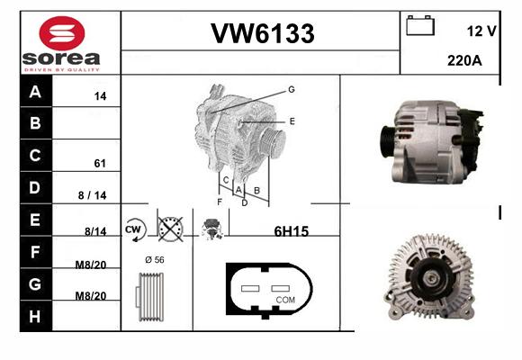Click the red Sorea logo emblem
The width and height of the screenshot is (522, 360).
[62, 33]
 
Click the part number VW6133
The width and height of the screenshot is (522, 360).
[263, 33]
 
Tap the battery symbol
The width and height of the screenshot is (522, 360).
[420, 25]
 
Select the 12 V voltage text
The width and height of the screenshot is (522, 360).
[481, 31]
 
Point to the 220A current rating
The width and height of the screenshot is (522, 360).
[464, 60]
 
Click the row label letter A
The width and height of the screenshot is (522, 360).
[35, 91]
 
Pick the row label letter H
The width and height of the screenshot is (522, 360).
[34, 317]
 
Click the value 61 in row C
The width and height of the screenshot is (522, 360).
[100, 163]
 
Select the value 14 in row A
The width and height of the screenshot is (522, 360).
[100, 96]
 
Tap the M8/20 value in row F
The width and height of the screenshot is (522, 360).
[91, 265]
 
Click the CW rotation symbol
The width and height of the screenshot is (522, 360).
[135, 229]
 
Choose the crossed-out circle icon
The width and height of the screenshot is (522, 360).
[170, 229]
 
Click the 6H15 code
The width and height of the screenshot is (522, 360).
[292, 231]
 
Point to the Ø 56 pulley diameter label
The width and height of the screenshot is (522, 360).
[155, 260]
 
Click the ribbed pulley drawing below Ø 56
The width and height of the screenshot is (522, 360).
[149, 297]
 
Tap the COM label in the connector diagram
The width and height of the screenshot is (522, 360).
[285, 300]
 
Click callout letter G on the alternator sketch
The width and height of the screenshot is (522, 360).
[292, 89]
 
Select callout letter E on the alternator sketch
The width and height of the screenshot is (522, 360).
[292, 121]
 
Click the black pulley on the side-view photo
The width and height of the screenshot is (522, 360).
[387, 141]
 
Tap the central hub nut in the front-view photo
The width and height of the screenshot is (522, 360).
[431, 277]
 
